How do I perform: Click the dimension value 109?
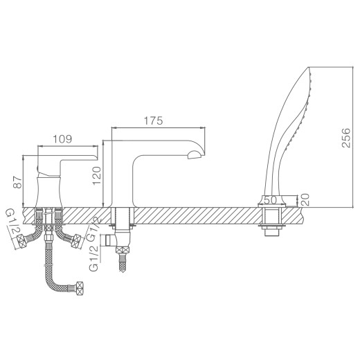62,139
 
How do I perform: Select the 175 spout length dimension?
153,120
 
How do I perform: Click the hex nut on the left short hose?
24,242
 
